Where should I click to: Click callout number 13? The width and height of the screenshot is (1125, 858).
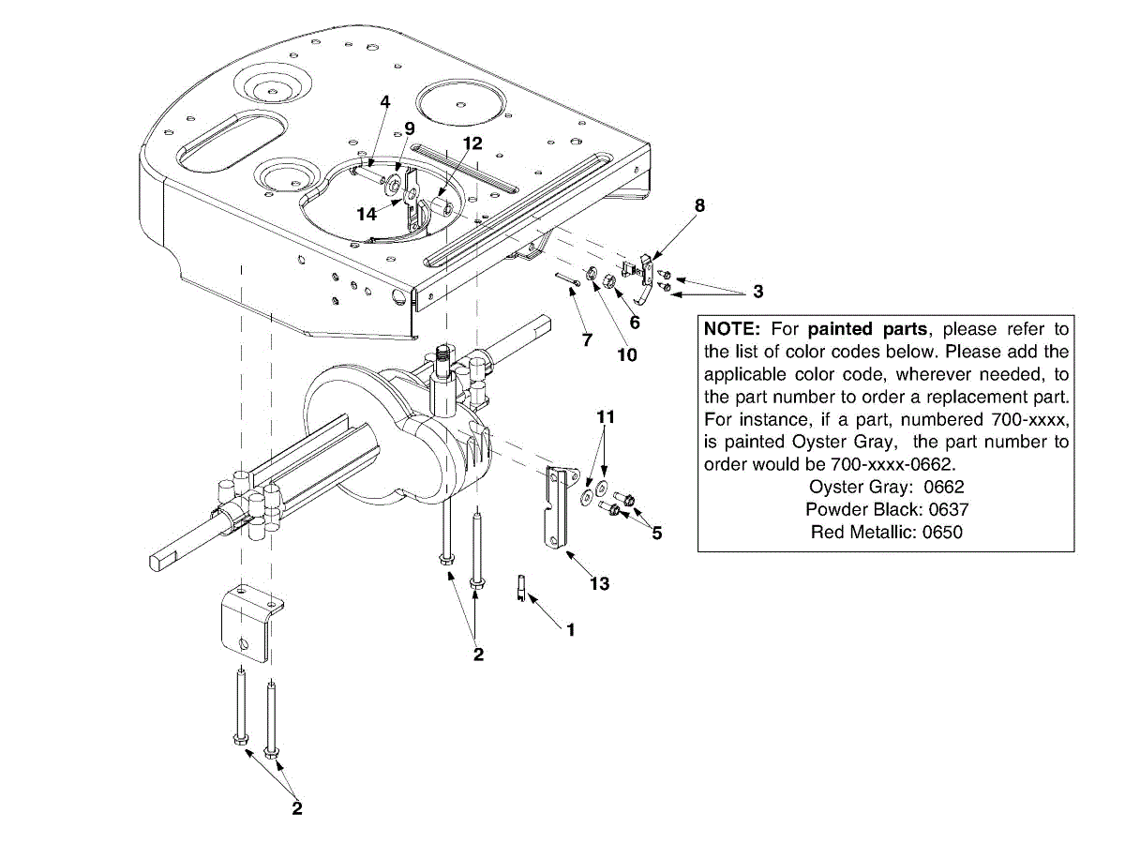tap(600, 583)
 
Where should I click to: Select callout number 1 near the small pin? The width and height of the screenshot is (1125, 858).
tap(570, 630)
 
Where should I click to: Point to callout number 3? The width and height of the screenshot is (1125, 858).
tap(757, 292)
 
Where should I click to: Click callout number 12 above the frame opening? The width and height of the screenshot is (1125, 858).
tap(472, 143)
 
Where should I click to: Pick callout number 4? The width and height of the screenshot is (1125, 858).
tap(384, 100)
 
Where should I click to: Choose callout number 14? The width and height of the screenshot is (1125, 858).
tap(367, 214)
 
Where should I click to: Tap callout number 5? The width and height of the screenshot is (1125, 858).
tap(656, 533)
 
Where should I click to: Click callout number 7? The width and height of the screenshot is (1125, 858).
tap(587, 339)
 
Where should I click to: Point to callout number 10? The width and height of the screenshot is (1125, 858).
tap(626, 354)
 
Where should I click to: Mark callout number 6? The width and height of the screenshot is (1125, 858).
tap(635, 322)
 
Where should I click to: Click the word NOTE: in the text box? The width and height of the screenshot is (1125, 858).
tap(733, 329)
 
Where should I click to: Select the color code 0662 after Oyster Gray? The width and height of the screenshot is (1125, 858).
tap(944, 487)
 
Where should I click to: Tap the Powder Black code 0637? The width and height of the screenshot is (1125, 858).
tap(948, 509)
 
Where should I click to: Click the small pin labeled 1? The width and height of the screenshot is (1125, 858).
tap(521, 590)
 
